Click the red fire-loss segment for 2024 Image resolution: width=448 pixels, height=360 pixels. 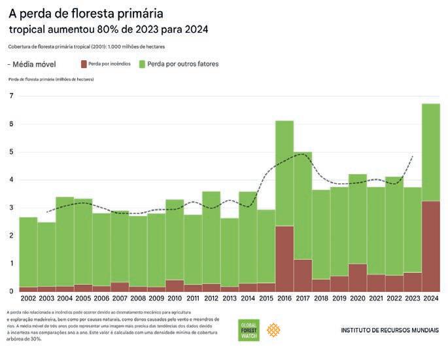click(x=430, y=246)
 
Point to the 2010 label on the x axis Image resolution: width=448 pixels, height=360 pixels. click(x=174, y=298)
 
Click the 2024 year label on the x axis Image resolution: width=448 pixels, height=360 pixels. click(x=430, y=298)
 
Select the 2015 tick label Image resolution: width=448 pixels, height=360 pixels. click(x=266, y=298)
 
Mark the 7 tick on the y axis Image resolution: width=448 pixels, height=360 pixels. click(x=11, y=96)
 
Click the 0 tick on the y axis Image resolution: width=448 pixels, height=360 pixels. click(x=11, y=291)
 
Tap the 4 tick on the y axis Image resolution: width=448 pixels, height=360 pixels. click(x=11, y=180)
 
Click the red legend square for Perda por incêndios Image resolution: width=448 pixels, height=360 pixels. click(x=84, y=64)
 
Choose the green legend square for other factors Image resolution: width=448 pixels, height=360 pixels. click(x=142, y=64)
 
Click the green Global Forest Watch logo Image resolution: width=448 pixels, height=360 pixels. click(x=249, y=331)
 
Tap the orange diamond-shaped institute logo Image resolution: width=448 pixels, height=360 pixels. click(x=273, y=331)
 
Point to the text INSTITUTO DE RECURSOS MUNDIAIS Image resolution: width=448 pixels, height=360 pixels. click(x=390, y=331)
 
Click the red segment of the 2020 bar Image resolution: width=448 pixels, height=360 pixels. click(x=357, y=278)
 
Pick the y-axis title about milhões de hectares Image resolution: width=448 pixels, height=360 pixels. click(x=51, y=79)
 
